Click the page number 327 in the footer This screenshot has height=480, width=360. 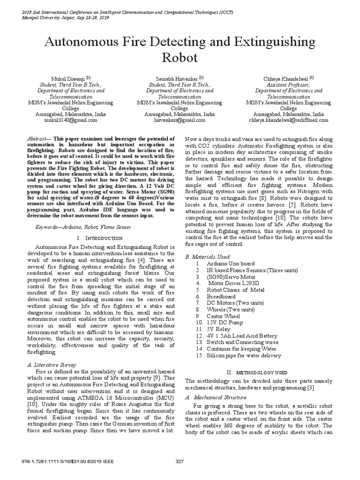[x=180, y=462]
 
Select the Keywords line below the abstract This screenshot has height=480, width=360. [x=84, y=227]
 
